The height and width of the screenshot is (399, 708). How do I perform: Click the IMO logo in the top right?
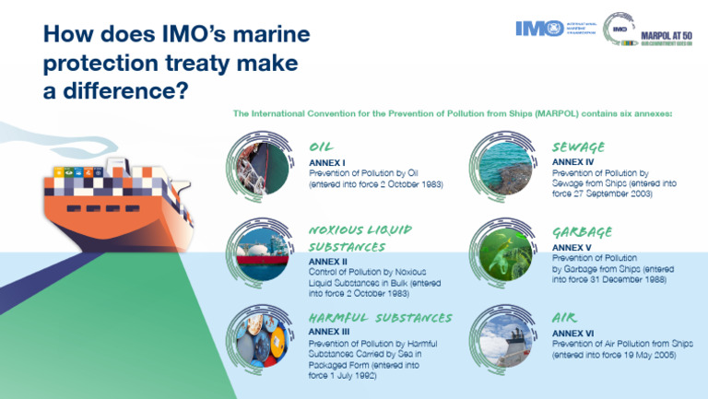pos(534,29)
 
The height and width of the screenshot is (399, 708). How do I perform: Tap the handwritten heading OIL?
pos(322,147)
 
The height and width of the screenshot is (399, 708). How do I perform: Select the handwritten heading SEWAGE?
pos(578,147)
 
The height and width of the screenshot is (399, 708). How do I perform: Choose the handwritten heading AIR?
pos(564,317)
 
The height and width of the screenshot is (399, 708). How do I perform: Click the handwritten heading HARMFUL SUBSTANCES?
pos(380,317)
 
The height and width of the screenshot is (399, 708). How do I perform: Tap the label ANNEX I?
pos(327,161)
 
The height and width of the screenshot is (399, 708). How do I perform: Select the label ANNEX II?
pos(329,261)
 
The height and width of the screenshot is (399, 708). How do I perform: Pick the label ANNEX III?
pos(331,331)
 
